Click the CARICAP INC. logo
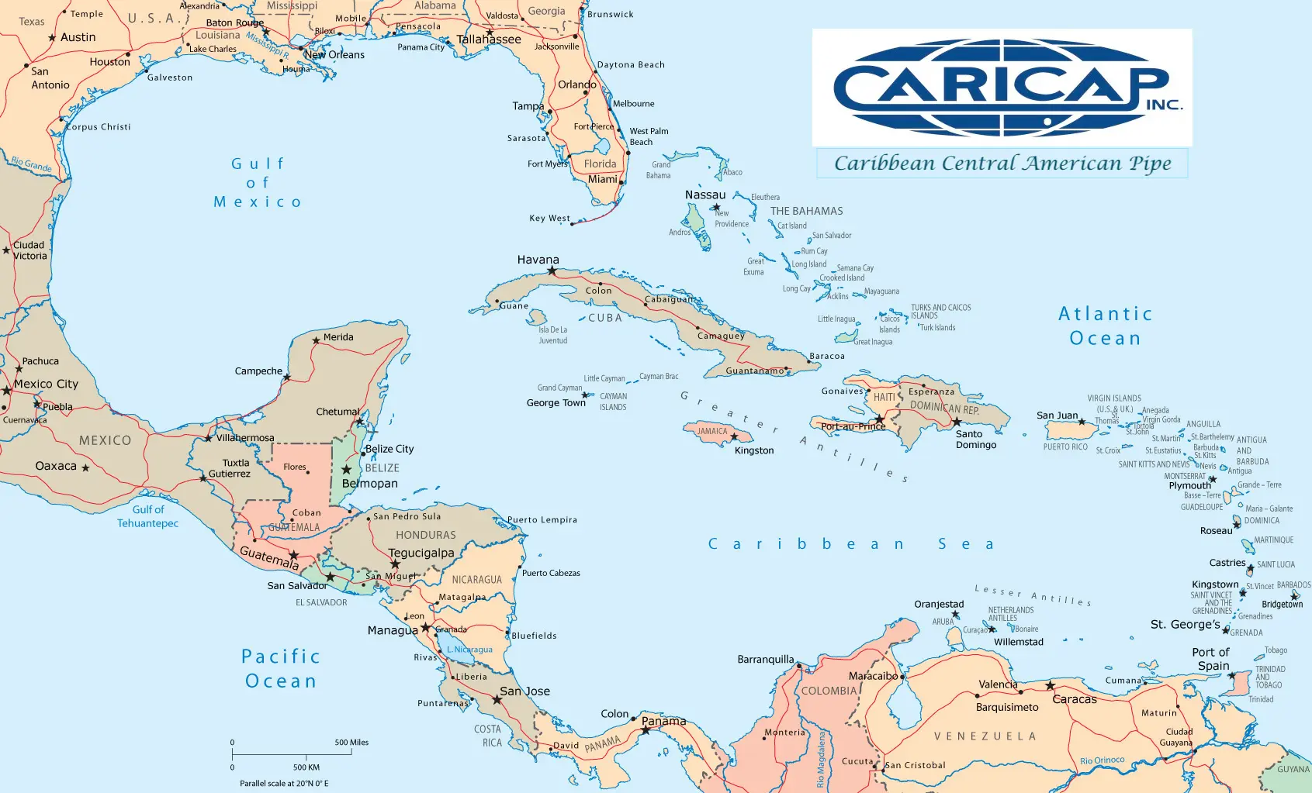pyautogui.click(x=1002, y=88)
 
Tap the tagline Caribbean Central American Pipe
pyautogui.click(x=1002, y=164)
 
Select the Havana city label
pyautogui.click(x=538, y=260)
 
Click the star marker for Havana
pyautogui.click(x=552, y=271)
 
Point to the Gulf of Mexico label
pyautogui.click(x=258, y=183)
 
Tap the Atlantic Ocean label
pyautogui.click(x=1105, y=326)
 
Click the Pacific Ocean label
pyautogui.click(x=280, y=668)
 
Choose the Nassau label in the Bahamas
pyautogui.click(x=704, y=195)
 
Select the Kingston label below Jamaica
pyautogui.click(x=753, y=450)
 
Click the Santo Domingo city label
pyautogui.click(x=975, y=440)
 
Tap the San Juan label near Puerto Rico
pyautogui.click(x=1057, y=415)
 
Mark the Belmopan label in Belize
pyautogui.click(x=369, y=483)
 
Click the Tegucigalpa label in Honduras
pyautogui.click(x=421, y=553)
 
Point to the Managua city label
pyautogui.click(x=392, y=630)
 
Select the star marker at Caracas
pyautogui.click(x=1050, y=685)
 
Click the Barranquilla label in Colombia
pyautogui.click(x=765, y=660)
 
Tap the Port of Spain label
pyautogui.click(x=1211, y=659)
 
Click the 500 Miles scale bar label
pyautogui.click(x=351, y=742)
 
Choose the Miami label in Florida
pyautogui.click(x=602, y=179)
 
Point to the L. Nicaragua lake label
pyautogui.click(x=469, y=650)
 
